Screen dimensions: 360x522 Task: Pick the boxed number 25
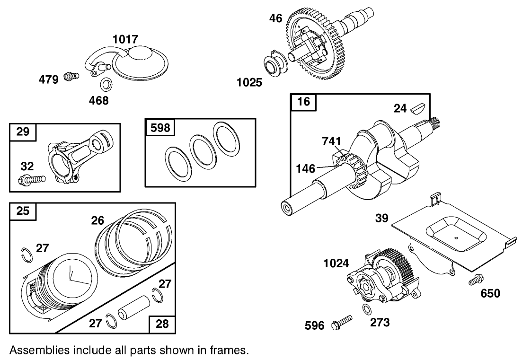[23, 211]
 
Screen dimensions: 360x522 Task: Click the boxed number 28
[162, 324]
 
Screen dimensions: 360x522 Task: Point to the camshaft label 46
[275, 18]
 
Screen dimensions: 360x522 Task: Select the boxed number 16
[304, 102]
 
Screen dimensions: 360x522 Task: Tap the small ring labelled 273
[366, 309]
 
